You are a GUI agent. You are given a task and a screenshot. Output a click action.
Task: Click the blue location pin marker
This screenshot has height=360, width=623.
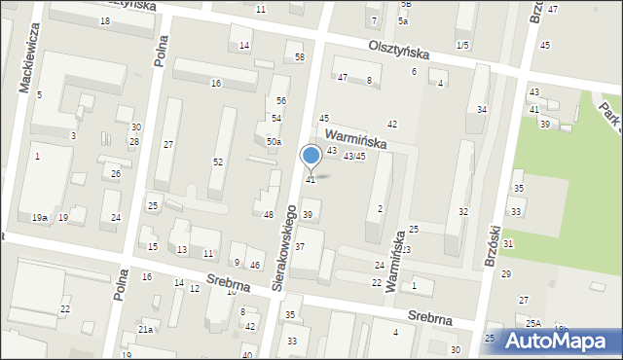coord(311,156)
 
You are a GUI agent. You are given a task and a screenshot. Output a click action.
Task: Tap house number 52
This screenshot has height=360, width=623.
coord(218,162)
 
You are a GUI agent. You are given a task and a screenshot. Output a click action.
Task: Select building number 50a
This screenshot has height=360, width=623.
coord(274,142)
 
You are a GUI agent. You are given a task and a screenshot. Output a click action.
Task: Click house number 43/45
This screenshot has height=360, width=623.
coord(354,156)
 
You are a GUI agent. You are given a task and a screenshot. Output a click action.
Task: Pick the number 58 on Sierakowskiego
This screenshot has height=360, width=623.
coord(300,57)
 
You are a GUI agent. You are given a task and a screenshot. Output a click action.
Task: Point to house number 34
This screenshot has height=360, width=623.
coord(482,109)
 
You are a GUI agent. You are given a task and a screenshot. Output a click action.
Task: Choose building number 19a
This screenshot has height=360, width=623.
coord(39,217)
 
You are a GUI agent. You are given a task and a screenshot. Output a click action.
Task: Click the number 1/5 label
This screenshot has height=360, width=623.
coord(461,46)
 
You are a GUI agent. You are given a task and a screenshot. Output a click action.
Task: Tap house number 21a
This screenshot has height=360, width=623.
coord(145,330)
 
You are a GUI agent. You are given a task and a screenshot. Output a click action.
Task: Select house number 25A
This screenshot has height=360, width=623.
coord(533,322)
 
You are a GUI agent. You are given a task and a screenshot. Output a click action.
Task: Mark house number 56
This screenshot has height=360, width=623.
coord(280,101)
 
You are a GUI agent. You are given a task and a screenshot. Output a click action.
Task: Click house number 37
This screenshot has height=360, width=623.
coord(301,246)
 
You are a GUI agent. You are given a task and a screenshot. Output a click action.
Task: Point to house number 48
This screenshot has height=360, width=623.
coord(268,214)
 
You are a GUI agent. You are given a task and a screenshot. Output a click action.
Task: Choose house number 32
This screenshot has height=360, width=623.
coord(463,211)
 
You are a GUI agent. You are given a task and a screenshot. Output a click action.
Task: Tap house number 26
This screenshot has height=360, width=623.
coord(115,174)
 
